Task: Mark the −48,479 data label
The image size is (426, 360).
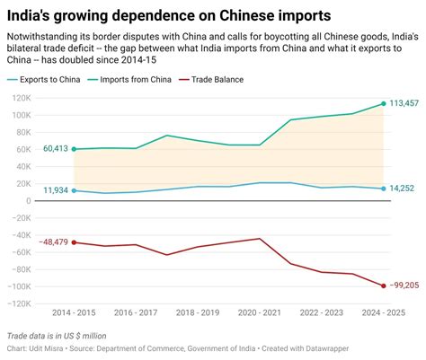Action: tap(52, 242)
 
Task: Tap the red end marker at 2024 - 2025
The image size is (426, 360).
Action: tap(384, 285)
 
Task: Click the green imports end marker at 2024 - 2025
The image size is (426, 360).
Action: tap(384, 103)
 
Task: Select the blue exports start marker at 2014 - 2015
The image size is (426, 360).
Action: tap(74, 190)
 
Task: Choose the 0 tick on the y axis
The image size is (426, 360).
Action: tap(29, 200)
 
